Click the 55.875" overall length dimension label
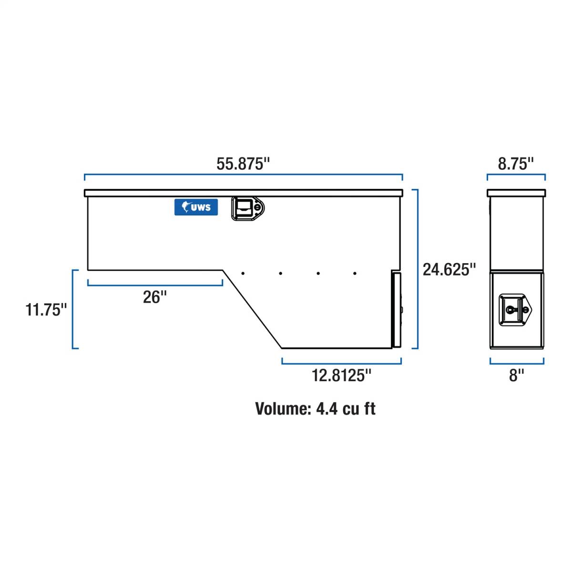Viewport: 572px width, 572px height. [243, 164]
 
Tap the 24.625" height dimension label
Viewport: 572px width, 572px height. [449, 269]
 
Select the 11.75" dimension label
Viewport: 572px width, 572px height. [46, 310]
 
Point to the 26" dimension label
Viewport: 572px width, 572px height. [154, 297]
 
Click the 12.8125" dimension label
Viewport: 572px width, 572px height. [341, 375]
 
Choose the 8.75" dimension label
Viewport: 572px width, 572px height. [516, 164]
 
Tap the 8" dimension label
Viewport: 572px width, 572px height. [517, 375]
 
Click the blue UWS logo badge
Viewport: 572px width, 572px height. [196, 207]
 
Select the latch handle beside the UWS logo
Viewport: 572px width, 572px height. [247, 208]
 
